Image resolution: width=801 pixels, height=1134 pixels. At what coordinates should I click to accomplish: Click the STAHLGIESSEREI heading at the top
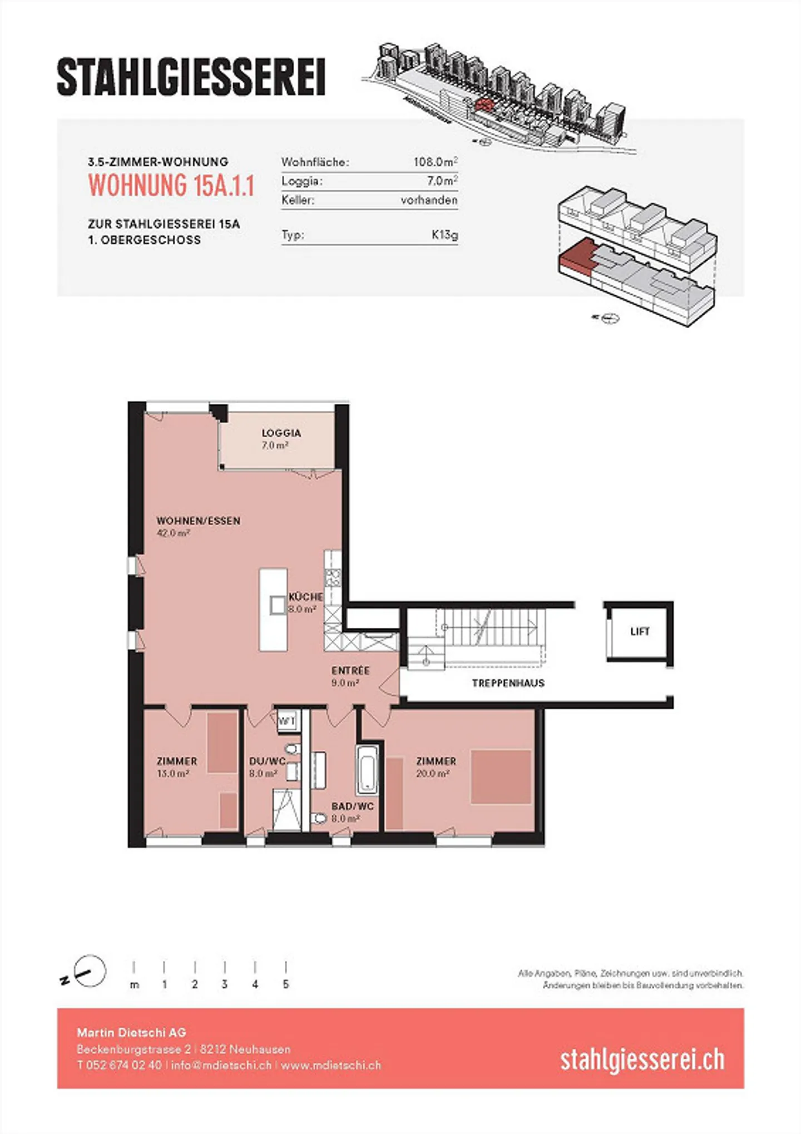pyautogui.click(x=191, y=77)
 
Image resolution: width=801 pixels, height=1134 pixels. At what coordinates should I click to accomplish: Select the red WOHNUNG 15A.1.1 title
pyautogui.click(x=171, y=185)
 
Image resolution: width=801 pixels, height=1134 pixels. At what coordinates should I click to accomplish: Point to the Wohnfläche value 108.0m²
pyautogui.click(x=435, y=162)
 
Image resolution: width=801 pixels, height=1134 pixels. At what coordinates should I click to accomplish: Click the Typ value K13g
pyautogui.click(x=445, y=235)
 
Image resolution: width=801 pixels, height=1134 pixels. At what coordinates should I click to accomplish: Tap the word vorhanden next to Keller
pyautogui.click(x=429, y=200)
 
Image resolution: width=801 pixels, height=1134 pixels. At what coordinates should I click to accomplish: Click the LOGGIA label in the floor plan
pyautogui.click(x=281, y=433)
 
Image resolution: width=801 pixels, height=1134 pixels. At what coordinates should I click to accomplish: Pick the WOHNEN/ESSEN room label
pyautogui.click(x=199, y=521)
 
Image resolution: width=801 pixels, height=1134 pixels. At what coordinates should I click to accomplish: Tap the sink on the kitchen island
pyautogui.click(x=278, y=605)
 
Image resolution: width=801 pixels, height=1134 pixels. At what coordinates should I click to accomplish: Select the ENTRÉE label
pyautogui.click(x=350, y=671)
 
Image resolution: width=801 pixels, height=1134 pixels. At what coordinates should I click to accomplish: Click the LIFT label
pyautogui.click(x=640, y=631)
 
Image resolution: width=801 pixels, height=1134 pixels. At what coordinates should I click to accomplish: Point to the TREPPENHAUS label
pyautogui.click(x=508, y=683)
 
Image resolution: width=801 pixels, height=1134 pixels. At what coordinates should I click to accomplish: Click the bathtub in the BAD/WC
pyautogui.click(x=367, y=769)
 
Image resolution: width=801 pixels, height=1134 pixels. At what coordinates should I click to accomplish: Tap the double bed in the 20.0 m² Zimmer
pyautogui.click(x=501, y=777)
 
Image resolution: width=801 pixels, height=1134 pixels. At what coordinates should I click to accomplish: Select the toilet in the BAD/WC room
pyautogui.click(x=319, y=818)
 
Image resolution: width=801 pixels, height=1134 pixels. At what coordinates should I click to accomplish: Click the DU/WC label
pyautogui.click(x=268, y=761)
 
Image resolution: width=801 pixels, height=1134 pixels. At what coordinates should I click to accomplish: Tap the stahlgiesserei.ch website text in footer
pyautogui.click(x=642, y=1060)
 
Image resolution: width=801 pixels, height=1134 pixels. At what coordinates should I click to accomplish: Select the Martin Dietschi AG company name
pyautogui.click(x=131, y=1033)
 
